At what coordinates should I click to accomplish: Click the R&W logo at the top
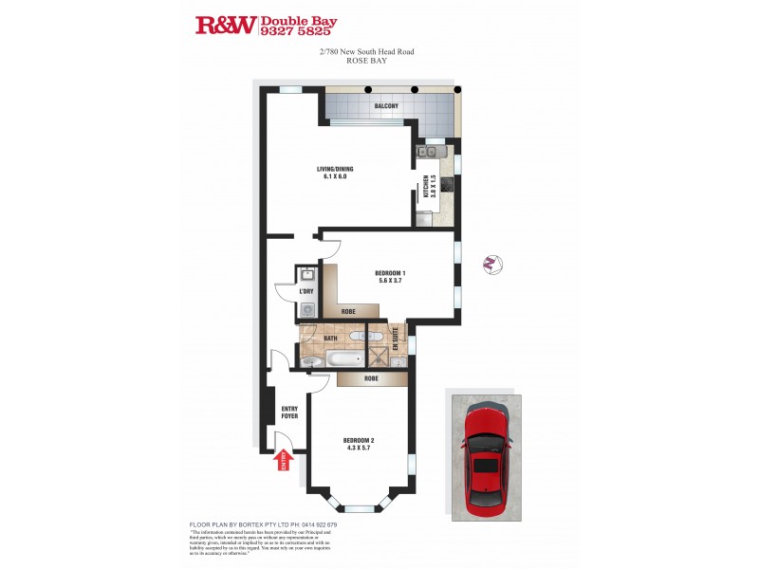pos(225,25)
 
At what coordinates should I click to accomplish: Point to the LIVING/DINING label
pos(335,173)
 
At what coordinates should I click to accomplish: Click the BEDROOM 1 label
pos(390,277)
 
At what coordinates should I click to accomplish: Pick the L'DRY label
pos(306,291)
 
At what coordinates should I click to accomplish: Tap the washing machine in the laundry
pos(307,308)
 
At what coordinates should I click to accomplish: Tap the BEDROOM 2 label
pos(359,444)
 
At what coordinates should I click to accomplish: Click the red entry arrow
pos(283,460)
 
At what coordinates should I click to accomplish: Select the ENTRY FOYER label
pos(289,413)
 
